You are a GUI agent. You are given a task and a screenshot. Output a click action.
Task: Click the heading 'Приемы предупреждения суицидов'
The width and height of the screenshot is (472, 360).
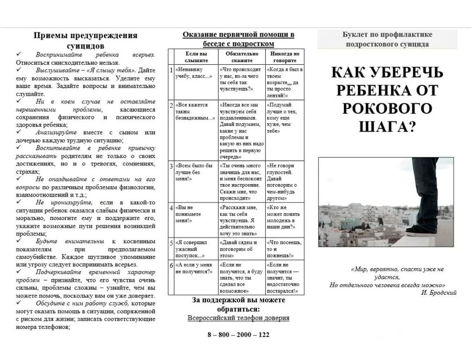[85, 40]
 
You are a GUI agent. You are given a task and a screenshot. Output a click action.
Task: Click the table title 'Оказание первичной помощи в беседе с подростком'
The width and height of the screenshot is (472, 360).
[238, 39]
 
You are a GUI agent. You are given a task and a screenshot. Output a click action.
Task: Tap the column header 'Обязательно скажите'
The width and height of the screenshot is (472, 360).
[242, 57]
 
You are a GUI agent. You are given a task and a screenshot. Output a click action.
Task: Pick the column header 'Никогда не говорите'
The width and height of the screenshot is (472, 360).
[284, 57]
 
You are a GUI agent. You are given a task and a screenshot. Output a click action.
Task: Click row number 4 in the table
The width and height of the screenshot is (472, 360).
[171, 208]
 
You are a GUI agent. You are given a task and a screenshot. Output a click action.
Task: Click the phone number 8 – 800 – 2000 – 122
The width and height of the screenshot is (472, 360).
[238, 335]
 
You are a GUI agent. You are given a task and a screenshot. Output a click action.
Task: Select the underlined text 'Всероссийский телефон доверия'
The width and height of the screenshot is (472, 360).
[238, 318]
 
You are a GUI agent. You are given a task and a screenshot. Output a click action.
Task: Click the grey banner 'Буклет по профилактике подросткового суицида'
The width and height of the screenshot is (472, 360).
[387, 39]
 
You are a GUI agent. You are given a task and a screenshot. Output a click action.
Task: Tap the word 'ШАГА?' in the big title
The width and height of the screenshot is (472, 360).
[387, 127]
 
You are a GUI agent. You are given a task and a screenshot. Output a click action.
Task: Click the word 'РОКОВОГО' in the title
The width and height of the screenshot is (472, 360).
[387, 108]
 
